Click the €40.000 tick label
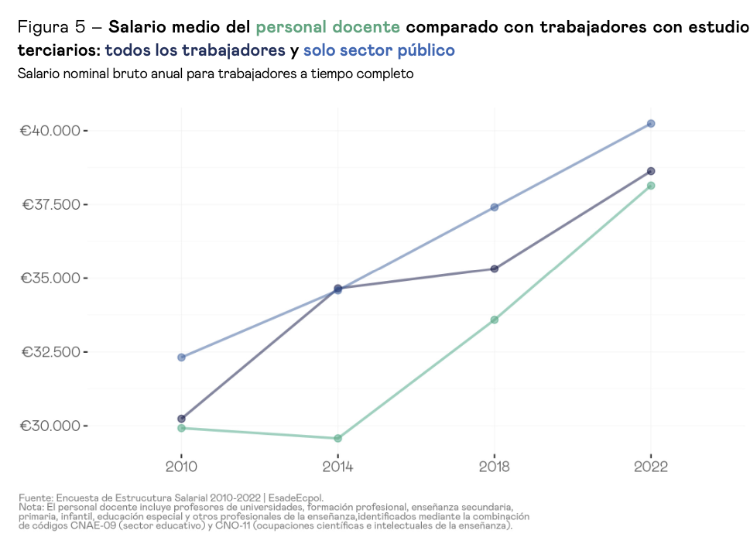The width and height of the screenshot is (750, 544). pyautogui.click(x=50, y=130)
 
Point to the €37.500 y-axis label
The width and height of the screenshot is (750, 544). pyautogui.click(x=50, y=204)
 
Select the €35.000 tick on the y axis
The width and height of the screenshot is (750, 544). pyautogui.click(x=50, y=278)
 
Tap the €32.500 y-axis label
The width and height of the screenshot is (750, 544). pyautogui.click(x=50, y=352)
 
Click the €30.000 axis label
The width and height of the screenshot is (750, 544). pyautogui.click(x=50, y=426)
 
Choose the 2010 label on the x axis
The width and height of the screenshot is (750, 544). pyautogui.click(x=181, y=467)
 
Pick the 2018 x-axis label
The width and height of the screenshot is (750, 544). pyautogui.click(x=495, y=467)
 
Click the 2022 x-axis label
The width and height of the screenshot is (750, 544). pyautogui.click(x=651, y=467)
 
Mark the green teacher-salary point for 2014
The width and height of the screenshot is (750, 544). pyautogui.click(x=337, y=439)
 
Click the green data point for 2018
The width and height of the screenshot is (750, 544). pyautogui.click(x=495, y=320)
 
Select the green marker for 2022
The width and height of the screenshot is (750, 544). pyautogui.click(x=651, y=186)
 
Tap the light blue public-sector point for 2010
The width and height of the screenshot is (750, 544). pyautogui.click(x=181, y=358)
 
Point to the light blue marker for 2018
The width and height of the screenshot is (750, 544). pyautogui.click(x=495, y=207)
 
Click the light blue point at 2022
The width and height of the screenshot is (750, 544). pyautogui.click(x=651, y=124)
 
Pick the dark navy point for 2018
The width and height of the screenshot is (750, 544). pyautogui.click(x=495, y=269)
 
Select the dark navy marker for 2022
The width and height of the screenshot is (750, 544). pyautogui.click(x=651, y=171)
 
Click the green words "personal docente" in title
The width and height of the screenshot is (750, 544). pyautogui.click(x=327, y=28)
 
